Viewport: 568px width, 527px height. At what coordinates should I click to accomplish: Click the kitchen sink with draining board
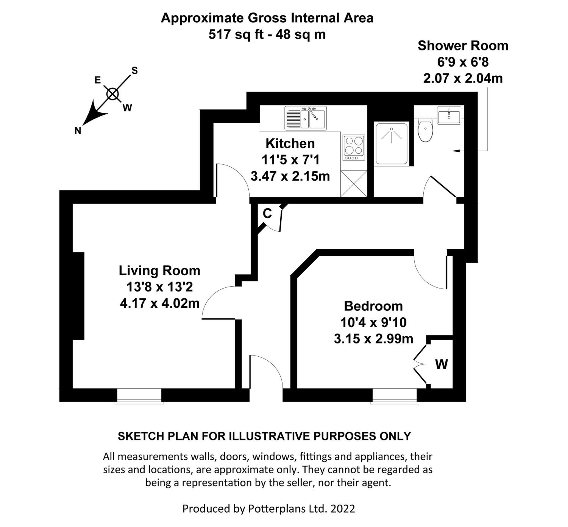click(x=305, y=118)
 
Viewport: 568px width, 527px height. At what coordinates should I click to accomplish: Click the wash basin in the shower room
click(x=449, y=115)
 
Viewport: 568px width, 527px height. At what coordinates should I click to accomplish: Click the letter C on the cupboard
click(x=267, y=213)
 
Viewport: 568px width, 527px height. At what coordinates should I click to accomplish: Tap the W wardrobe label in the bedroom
click(x=441, y=364)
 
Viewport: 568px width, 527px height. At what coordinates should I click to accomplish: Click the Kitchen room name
click(x=290, y=143)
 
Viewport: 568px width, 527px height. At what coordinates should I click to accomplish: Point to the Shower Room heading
click(x=463, y=46)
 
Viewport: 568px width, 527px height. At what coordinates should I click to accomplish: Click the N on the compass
click(x=78, y=131)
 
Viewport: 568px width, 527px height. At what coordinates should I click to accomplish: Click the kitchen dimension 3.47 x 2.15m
click(x=290, y=176)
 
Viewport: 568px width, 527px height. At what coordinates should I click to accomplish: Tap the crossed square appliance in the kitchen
click(x=353, y=183)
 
